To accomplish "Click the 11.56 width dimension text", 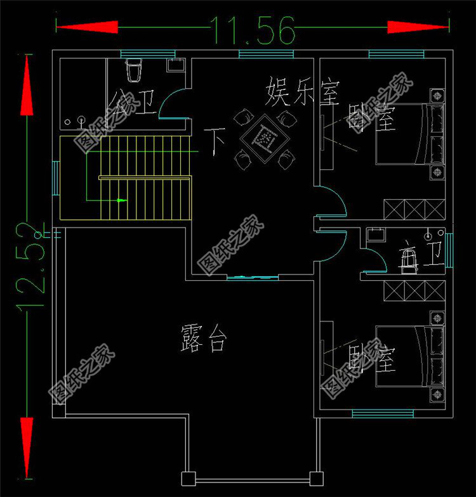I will (253, 29).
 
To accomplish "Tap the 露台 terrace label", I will (202, 338).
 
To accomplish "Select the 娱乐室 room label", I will (302, 93).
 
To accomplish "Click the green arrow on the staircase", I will (121, 200).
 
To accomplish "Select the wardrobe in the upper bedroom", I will (413, 209).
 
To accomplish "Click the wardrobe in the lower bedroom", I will (413, 291).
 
